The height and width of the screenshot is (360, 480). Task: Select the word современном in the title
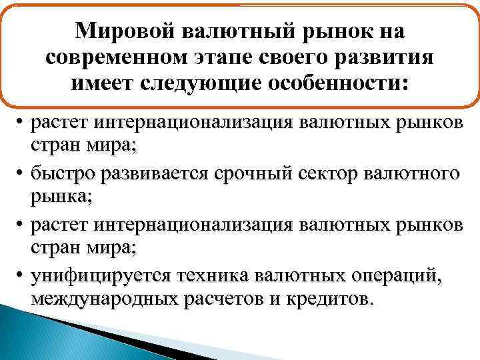pyautogui.click(x=116, y=58)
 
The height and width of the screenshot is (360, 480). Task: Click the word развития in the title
pyautogui.click(x=386, y=58)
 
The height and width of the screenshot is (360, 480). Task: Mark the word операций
pyautogui.click(x=400, y=275)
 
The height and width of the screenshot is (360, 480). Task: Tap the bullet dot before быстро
pyautogui.click(x=21, y=174)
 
